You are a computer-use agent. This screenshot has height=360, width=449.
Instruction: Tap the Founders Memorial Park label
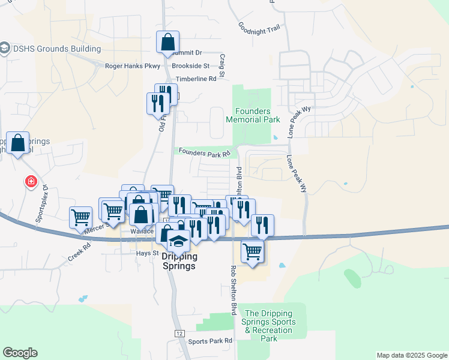253,115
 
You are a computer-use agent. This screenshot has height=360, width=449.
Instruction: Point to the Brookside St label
190,66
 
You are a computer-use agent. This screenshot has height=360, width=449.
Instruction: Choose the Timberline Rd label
196,79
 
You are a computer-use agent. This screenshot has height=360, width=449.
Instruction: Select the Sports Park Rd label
210,341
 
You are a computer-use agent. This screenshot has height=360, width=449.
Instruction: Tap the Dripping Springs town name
179,260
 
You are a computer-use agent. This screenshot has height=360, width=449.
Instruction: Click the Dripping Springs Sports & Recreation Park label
269,326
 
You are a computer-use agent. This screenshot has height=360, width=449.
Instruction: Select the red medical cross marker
29,181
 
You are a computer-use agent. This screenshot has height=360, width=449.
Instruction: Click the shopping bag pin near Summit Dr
167,43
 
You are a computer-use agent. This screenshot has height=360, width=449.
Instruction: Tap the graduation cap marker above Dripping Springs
178,241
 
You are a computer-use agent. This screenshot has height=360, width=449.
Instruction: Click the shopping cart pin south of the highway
253,251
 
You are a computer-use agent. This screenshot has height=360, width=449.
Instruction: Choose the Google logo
20,353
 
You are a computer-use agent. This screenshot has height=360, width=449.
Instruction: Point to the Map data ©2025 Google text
411,355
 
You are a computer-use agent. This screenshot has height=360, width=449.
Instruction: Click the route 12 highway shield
179,333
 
